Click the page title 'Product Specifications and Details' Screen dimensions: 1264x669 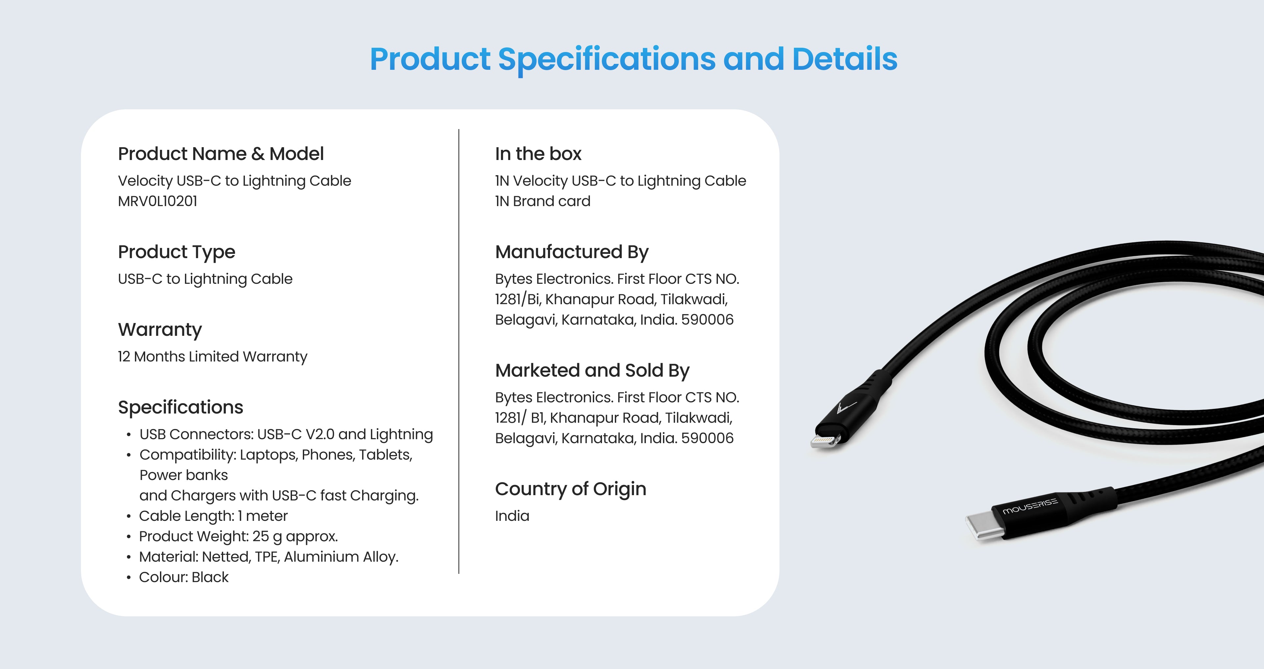point(633,59)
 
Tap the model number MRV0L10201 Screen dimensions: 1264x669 point(158,201)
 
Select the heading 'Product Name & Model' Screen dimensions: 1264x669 point(221,154)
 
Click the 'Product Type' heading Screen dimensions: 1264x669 point(177,252)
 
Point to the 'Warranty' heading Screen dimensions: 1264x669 point(160,330)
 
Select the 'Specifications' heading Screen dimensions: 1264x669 point(181,407)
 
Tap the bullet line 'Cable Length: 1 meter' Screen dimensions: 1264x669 point(213,516)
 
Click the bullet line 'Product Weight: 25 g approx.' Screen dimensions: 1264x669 point(238,536)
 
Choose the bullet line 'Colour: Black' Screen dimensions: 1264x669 point(184,577)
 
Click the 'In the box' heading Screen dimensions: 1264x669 point(538,154)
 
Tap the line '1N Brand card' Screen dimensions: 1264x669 point(543,201)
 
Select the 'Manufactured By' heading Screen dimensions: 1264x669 point(572,252)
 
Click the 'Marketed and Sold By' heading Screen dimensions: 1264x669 point(592,371)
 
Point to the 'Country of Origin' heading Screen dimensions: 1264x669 point(571,489)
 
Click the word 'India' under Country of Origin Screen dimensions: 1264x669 point(512,516)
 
